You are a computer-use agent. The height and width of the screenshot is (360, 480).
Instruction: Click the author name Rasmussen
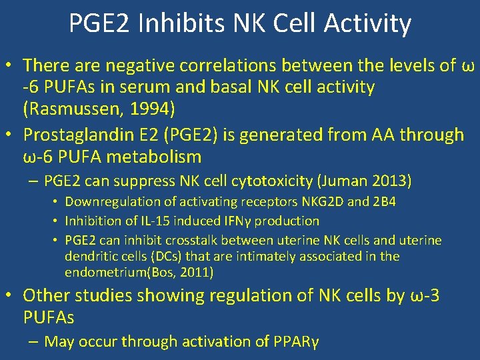tap(73, 108)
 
